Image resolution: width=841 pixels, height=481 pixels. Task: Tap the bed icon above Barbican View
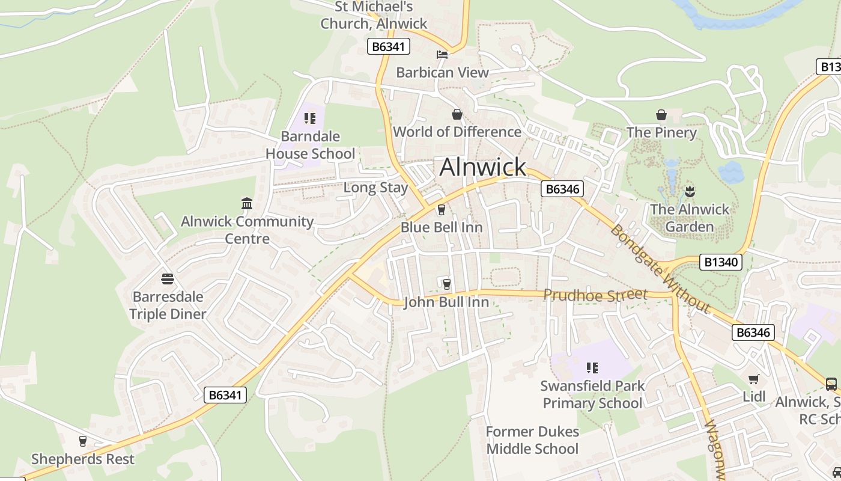442,55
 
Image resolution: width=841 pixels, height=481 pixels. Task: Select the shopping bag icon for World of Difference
457,114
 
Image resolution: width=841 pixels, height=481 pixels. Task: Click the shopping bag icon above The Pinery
661,115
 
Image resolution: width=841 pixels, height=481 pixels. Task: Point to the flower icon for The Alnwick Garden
689,192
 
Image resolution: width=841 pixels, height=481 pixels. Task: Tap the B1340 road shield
721,262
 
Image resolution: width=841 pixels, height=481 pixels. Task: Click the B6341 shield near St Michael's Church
388,46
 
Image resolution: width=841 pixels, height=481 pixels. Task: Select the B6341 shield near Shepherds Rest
225,395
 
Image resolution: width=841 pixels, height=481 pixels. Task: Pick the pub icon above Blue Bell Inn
442,209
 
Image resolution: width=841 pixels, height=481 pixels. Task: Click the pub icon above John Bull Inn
446,284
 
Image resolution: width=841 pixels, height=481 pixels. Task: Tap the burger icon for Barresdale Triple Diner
168,279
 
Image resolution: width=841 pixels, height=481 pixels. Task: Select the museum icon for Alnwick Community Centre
247,204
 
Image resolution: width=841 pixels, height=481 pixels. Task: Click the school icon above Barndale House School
310,118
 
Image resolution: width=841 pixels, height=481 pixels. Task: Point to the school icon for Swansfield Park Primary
592,368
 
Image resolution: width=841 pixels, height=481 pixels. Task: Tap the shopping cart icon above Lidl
754,379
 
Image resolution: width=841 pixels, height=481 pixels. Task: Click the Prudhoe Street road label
595,295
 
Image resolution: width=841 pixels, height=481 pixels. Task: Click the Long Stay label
375,188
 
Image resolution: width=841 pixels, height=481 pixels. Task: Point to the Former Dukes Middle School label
532,440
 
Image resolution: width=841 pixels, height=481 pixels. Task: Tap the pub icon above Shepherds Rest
83,441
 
